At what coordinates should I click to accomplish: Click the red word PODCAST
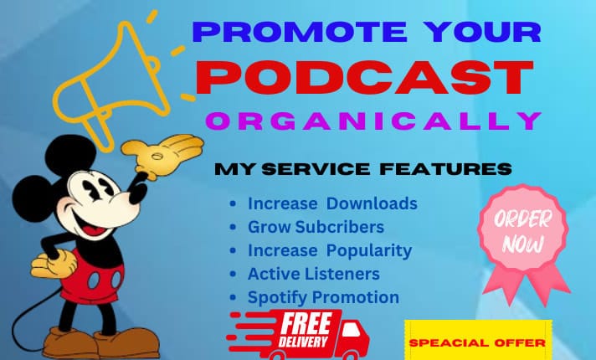pyautogui.click(x=364, y=77)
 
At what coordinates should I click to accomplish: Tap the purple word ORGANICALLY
pyautogui.click(x=374, y=121)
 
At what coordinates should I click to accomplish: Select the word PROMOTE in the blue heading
pyautogui.click(x=300, y=32)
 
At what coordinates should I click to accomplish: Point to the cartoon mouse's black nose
pyautogui.click(x=138, y=193)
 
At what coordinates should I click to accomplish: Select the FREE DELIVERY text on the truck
pyautogui.click(x=305, y=330)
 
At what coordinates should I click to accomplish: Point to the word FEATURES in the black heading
pyautogui.click(x=445, y=169)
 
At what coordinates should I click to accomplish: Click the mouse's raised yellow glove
pyautogui.click(x=162, y=155)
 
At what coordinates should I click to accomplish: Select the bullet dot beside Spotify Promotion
pyautogui.click(x=233, y=298)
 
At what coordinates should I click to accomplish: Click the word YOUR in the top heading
pyautogui.click(x=482, y=32)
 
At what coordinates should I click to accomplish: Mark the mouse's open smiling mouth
pyautogui.click(x=92, y=225)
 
